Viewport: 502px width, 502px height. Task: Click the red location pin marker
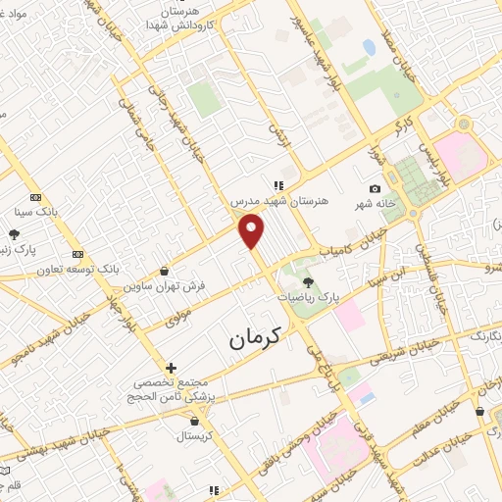(252, 230)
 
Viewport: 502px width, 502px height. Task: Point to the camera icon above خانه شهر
(375, 188)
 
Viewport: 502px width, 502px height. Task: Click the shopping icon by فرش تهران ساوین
(163, 271)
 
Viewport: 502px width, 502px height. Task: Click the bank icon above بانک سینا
(36, 196)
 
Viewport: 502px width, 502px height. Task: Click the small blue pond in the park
(369, 46)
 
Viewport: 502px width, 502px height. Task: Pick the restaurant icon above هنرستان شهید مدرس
(279, 183)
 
